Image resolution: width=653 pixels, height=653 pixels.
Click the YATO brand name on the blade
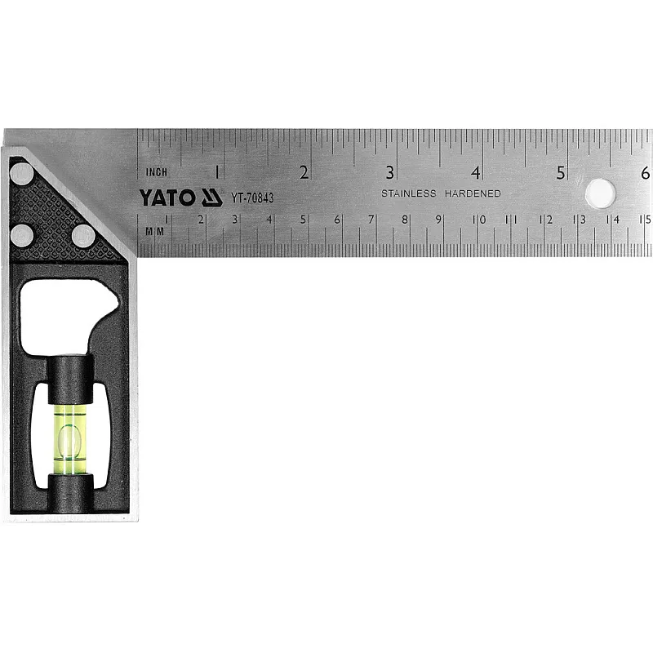[x=167, y=198]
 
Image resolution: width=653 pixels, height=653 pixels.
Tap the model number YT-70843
[x=252, y=198]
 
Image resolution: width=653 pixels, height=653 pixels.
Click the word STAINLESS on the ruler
[x=409, y=193]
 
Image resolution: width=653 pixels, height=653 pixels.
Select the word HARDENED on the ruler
[x=473, y=193]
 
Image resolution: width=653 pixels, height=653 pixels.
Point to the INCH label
[x=157, y=172]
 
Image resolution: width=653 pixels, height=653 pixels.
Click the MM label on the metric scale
[x=154, y=232]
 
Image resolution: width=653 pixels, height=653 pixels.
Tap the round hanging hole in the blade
[x=600, y=193]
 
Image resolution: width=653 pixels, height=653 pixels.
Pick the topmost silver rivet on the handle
[x=22, y=174]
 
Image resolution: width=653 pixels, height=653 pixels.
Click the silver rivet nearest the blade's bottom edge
[x=84, y=236]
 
